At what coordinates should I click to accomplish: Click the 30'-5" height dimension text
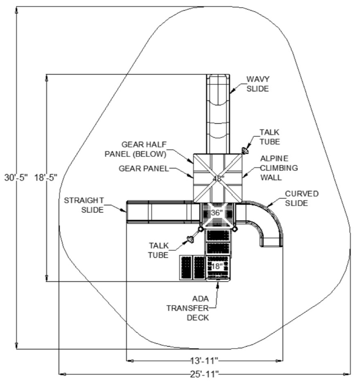click(16, 177)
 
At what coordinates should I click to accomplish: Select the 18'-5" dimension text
click(46, 177)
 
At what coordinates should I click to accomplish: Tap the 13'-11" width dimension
click(205, 361)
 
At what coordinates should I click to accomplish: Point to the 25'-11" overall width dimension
click(205, 374)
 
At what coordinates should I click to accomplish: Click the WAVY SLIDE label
click(258, 84)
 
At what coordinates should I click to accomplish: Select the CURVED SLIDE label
click(302, 198)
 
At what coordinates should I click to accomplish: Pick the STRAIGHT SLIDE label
click(84, 205)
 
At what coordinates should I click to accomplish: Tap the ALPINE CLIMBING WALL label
click(279, 168)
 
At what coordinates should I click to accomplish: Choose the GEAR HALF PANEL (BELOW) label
click(135, 150)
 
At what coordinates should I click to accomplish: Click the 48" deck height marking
click(219, 178)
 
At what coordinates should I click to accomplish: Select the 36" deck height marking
click(217, 213)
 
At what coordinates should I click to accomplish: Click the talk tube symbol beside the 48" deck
click(245, 150)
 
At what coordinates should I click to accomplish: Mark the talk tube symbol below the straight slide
click(190, 239)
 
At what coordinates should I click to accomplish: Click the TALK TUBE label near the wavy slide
click(270, 137)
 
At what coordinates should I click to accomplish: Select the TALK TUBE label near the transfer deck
click(158, 251)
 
